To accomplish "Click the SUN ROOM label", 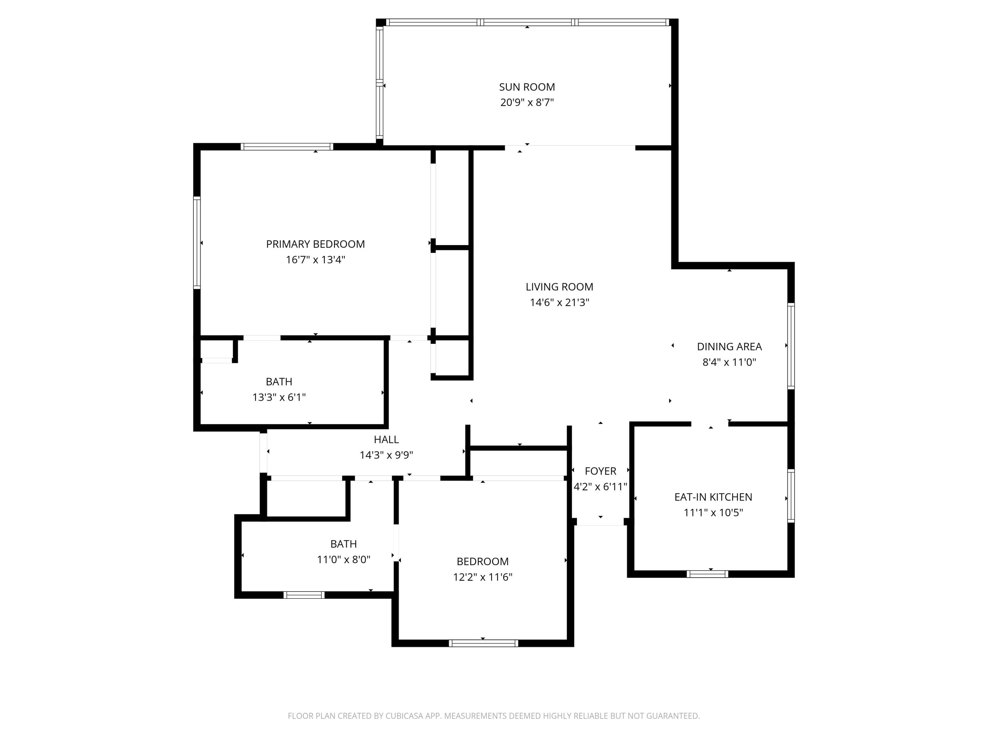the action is click(x=527, y=87).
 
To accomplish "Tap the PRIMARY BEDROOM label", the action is click(x=316, y=244).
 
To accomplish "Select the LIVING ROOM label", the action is click(x=559, y=287).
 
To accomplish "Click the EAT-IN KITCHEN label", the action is click(x=713, y=497).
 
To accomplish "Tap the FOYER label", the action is click(x=600, y=471).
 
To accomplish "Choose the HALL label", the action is click(x=386, y=440).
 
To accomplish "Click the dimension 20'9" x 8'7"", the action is click(x=527, y=102).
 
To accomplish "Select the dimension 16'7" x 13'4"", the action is click(x=316, y=260).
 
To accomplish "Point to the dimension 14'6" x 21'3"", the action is click(x=559, y=302).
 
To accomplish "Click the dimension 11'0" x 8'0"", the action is click(x=343, y=559).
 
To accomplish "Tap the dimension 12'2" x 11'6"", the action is click(x=482, y=577).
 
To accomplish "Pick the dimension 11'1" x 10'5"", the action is click(x=713, y=512).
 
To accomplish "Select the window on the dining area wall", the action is click(x=791, y=346).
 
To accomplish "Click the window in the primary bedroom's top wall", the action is click(x=287, y=147).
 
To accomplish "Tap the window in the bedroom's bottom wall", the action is click(x=483, y=643).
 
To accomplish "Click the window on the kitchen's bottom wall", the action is click(x=707, y=574).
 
